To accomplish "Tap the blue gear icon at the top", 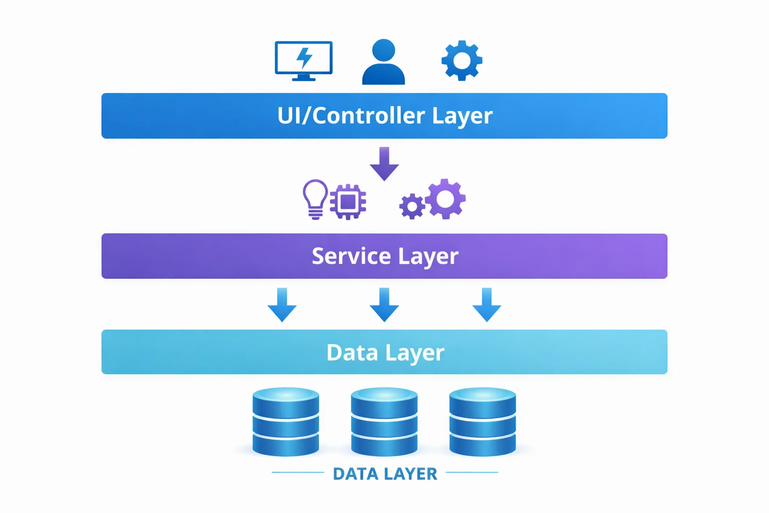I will tap(462, 61).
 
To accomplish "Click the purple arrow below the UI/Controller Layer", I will tap(384, 164).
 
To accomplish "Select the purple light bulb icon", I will tap(315, 199).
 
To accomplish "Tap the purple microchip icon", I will tap(348, 202).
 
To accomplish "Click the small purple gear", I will tap(412, 206).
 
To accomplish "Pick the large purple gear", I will tap(445, 199).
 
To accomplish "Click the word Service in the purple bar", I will tap(351, 256).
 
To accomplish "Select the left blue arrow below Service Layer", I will tap(282, 305).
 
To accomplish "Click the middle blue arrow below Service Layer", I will tap(384, 305).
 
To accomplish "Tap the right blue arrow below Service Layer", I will tap(487, 305).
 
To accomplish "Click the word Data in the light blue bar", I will tap(352, 353).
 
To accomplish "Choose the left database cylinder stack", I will tap(286, 422).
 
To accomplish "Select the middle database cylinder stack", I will tap(384, 422).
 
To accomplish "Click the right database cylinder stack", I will tap(483, 422).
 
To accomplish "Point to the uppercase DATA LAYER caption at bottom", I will tap(384, 473).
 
